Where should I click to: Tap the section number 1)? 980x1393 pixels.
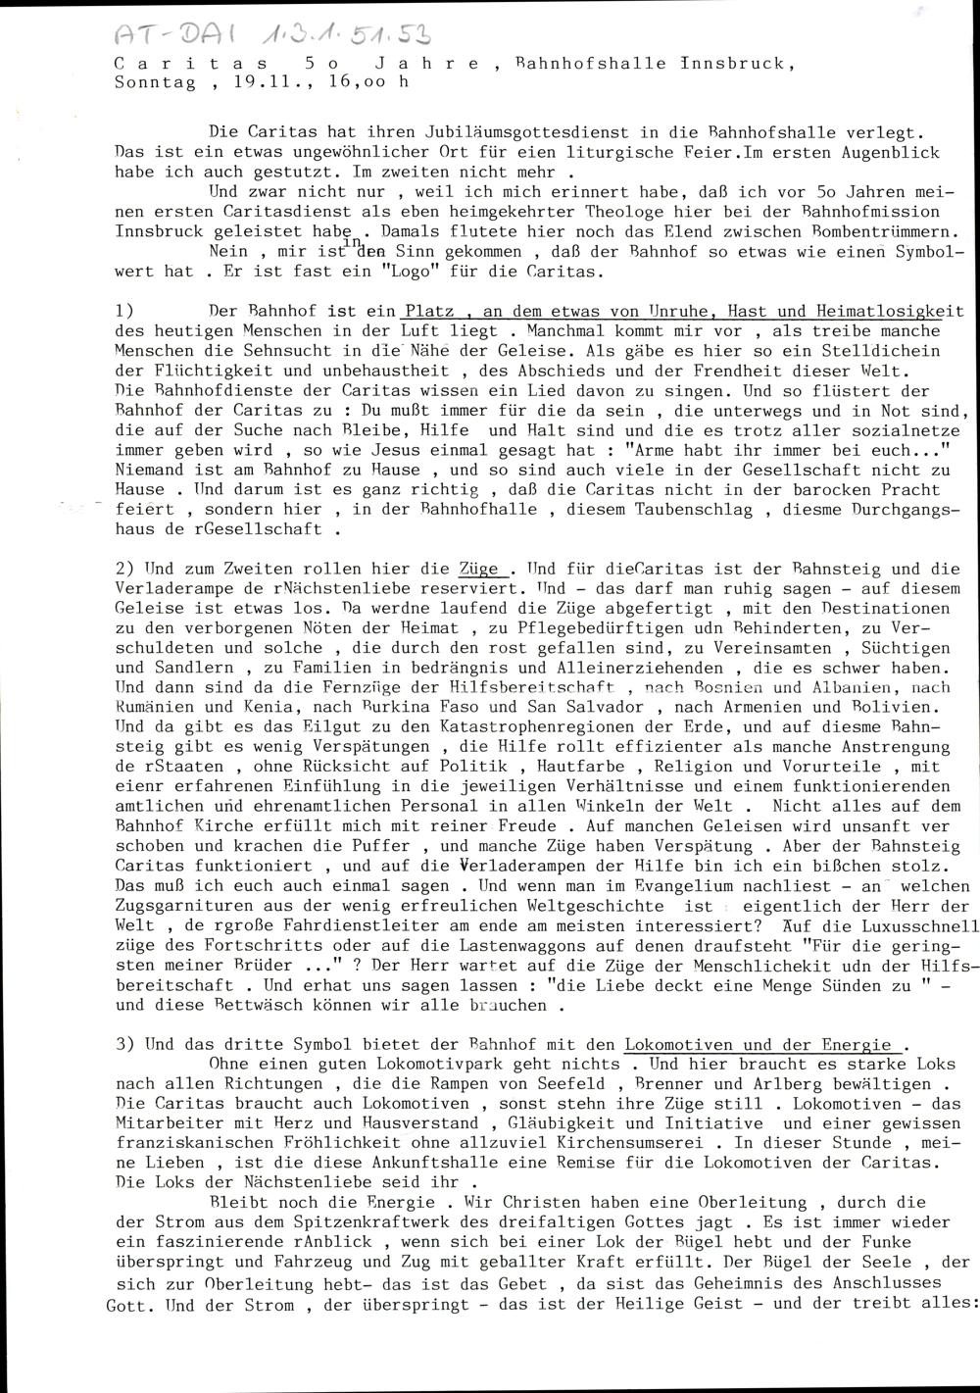point(125,311)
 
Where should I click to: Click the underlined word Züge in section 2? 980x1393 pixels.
point(480,569)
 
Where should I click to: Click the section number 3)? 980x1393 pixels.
point(125,1045)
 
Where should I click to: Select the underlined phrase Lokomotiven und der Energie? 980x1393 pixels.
point(757,1045)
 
